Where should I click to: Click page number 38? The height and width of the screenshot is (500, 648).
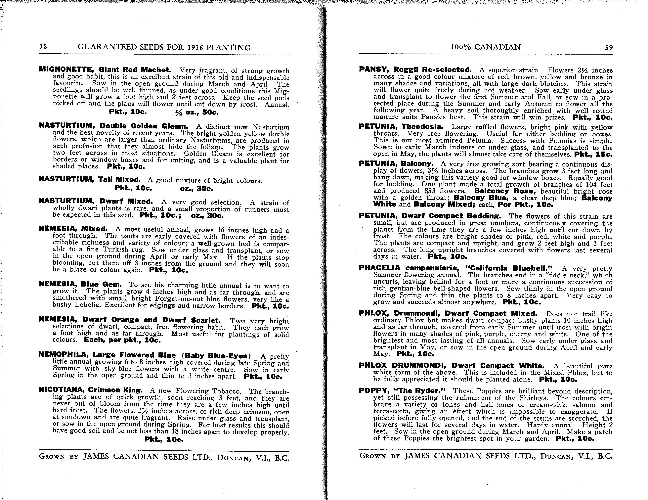coord(43,47)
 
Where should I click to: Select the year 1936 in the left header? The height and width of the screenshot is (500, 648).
coord(198,47)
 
